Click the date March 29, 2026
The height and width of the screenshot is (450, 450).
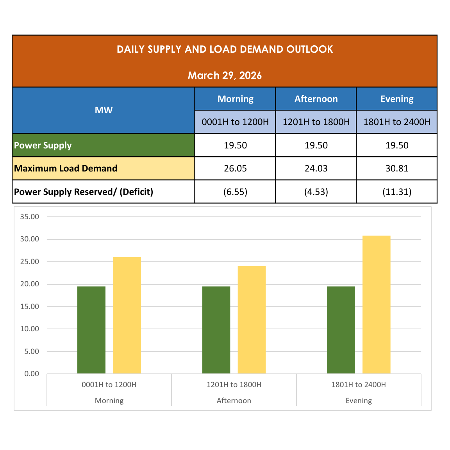(x=225, y=75)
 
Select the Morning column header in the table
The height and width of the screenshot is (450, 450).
(x=235, y=99)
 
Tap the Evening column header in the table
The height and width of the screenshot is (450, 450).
(x=397, y=99)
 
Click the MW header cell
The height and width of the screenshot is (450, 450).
(x=104, y=110)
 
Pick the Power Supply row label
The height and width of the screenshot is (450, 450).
(x=43, y=145)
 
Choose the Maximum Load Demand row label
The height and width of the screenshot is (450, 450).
(x=66, y=168)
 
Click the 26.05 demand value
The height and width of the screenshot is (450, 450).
(x=235, y=168)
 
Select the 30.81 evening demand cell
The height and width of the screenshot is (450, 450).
(x=397, y=168)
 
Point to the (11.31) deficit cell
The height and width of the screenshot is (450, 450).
(x=397, y=192)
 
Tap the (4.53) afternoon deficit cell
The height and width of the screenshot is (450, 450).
(x=316, y=192)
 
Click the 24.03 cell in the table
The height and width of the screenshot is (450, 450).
(x=316, y=168)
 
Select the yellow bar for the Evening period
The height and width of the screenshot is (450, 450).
(x=376, y=305)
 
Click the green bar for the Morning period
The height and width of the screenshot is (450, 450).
(x=91, y=330)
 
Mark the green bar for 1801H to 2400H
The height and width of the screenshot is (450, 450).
(x=341, y=330)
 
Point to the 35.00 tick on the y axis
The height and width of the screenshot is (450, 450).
(x=30, y=217)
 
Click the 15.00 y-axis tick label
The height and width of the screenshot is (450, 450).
(x=30, y=307)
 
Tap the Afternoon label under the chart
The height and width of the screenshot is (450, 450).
(x=234, y=401)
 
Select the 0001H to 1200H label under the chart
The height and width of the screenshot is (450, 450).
(x=109, y=385)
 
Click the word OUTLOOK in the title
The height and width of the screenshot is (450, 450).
(x=309, y=49)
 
